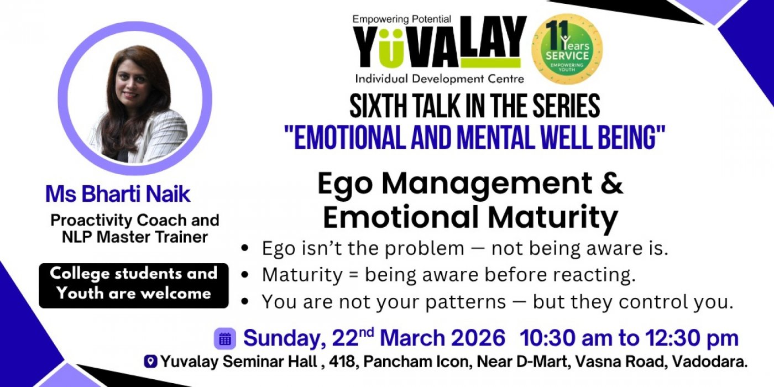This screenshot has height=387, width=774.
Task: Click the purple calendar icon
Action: (225, 338)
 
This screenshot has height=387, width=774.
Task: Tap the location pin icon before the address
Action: (150, 362)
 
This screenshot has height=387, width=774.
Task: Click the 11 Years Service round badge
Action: (567, 49)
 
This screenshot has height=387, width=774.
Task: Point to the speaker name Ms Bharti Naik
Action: (118, 194)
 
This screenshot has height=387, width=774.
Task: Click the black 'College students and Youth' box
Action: (134, 285)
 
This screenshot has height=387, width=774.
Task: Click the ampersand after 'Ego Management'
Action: (612, 183)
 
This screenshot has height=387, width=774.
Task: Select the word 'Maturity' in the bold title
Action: (553, 218)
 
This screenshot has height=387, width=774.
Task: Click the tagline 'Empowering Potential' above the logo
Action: (402, 19)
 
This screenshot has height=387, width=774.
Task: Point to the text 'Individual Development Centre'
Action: (440, 79)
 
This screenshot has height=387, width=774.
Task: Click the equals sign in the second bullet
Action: (353, 275)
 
